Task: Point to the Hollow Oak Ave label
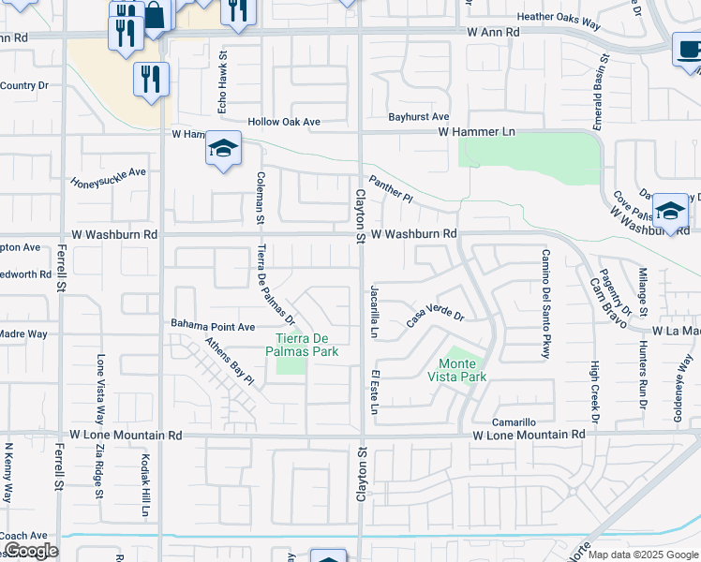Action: (284, 122)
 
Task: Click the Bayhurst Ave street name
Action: (420, 116)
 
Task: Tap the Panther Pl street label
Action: (390, 190)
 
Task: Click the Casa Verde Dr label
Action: (435, 316)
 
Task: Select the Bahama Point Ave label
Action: (213, 326)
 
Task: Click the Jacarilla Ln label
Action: (374, 310)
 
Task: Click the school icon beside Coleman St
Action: (224, 149)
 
